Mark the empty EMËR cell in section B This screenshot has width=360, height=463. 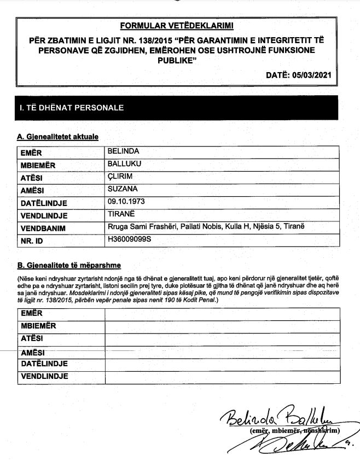point(222,313)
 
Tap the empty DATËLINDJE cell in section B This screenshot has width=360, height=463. point(222,364)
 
